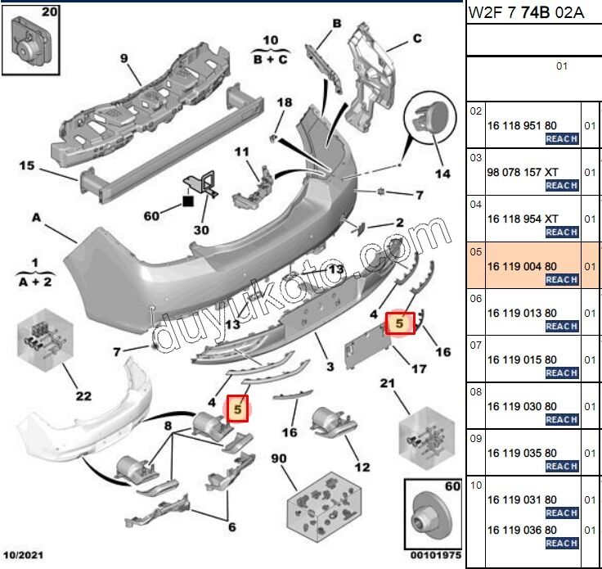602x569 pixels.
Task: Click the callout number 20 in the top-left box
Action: point(26,12)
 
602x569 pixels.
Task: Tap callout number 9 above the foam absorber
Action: point(124,58)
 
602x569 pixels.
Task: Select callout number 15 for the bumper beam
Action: point(26,166)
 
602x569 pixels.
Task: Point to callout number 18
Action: point(284,102)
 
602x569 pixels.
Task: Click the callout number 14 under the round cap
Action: point(443,174)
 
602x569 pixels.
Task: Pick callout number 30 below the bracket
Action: point(201,230)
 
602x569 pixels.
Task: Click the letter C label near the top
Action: point(416,38)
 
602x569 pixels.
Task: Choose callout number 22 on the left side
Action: point(83,397)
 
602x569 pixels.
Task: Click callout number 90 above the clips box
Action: point(280,458)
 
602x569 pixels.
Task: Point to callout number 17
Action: point(419,369)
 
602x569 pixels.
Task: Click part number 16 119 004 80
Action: point(522,266)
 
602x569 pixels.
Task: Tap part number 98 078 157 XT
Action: point(523,172)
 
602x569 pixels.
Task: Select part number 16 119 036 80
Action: point(522,530)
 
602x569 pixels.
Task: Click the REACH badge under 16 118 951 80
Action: point(562,139)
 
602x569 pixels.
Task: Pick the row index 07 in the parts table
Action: point(476,345)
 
